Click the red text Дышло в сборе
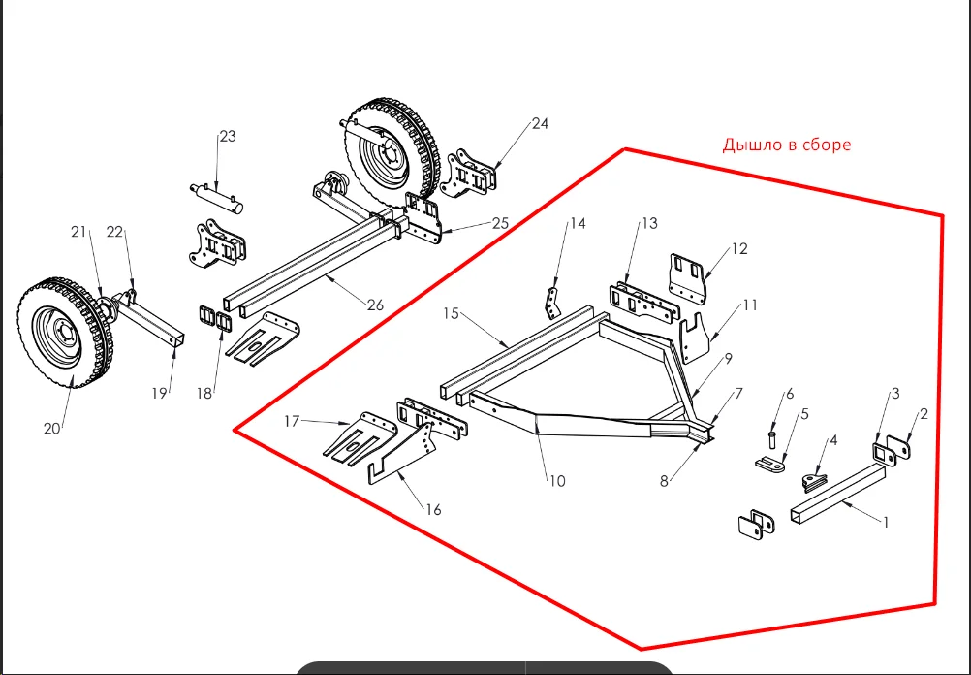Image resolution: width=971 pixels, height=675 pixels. [x=787, y=145]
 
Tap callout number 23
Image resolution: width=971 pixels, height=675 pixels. [x=228, y=137]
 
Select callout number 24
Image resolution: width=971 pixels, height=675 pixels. [x=540, y=124]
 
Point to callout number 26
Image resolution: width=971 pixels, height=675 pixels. [x=375, y=305]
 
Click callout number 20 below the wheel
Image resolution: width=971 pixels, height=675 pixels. [x=52, y=429]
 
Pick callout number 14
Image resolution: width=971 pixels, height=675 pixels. [x=578, y=223]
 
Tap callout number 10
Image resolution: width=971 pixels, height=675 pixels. [x=557, y=481]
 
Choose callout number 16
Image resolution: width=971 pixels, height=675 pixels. [x=433, y=509]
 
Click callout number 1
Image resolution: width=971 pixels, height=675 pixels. [x=886, y=523]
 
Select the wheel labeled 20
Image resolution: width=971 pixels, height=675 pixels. [x=65, y=333]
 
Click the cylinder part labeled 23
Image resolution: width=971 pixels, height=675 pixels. [x=217, y=197]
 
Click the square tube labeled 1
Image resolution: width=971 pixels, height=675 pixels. [x=838, y=494]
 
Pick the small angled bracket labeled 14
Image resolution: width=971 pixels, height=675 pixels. [x=552, y=303]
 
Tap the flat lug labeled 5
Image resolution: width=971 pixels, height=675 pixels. [x=770, y=463]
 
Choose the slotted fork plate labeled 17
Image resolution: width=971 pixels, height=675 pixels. [x=360, y=438]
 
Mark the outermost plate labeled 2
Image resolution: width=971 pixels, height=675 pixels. [x=900, y=447]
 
